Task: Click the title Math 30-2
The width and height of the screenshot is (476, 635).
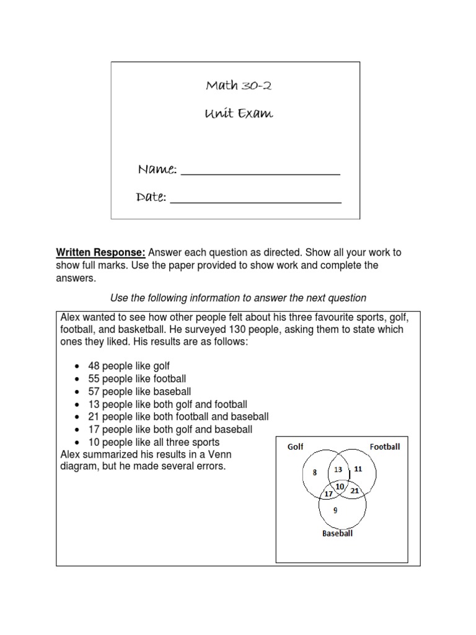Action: tap(238, 86)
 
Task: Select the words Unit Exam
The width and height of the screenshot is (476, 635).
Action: tap(239, 113)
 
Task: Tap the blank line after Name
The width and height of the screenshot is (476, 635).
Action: tap(260, 172)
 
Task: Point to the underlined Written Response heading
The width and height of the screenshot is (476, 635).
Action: tap(101, 252)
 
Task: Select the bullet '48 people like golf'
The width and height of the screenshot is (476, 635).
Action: tap(130, 366)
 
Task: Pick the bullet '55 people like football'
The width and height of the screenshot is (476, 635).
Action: tap(137, 378)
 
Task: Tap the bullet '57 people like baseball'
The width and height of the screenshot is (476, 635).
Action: tap(139, 391)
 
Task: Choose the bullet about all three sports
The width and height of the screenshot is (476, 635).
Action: tap(154, 442)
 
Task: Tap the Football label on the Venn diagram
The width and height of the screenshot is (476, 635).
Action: tap(385, 446)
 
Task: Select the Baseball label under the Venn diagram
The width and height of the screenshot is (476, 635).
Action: tap(337, 533)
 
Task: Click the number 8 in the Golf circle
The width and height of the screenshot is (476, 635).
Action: tap(314, 473)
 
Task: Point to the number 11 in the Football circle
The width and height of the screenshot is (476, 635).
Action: tap(358, 469)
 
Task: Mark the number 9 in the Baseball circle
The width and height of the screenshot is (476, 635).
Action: tap(335, 510)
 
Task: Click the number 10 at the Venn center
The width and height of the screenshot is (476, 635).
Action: tap(340, 486)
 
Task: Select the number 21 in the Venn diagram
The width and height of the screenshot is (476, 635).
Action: tap(354, 491)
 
